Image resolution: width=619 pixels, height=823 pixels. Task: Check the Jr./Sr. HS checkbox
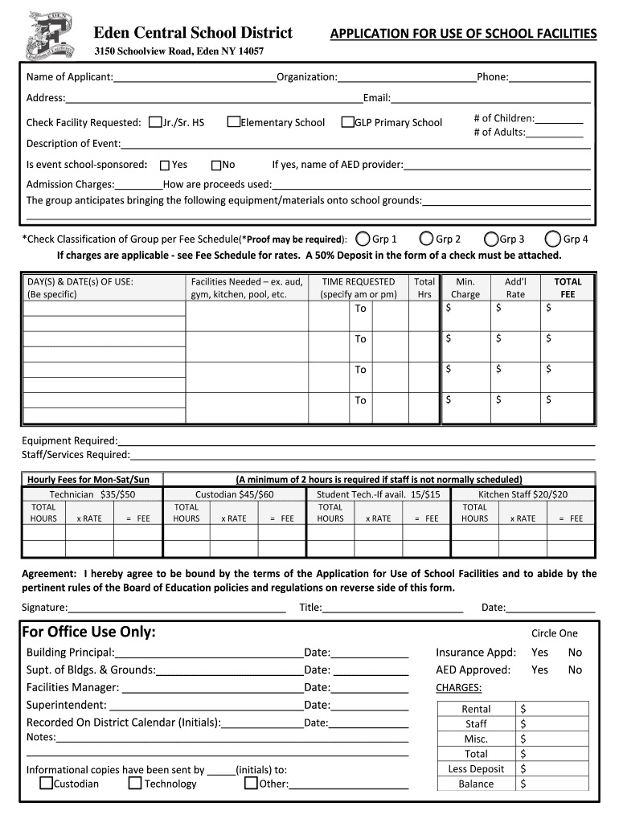(156, 122)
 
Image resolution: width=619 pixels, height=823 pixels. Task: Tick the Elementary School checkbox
(234, 122)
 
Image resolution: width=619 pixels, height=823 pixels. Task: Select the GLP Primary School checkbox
(348, 122)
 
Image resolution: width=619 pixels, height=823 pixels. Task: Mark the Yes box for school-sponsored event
(165, 165)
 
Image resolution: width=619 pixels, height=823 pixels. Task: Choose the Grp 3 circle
(491, 239)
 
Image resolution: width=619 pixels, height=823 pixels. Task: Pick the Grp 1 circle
(363, 239)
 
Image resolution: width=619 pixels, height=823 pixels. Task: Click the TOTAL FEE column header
(568, 288)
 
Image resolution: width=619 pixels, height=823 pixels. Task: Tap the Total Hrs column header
(424, 288)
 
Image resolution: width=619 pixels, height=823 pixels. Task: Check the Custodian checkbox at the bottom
(47, 783)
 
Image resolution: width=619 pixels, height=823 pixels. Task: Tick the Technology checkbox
(135, 783)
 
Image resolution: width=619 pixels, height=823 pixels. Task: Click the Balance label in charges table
(476, 784)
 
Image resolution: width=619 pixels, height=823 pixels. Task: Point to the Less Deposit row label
(476, 769)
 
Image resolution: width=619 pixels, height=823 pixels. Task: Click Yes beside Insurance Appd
(539, 653)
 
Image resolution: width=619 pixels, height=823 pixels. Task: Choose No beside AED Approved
(575, 669)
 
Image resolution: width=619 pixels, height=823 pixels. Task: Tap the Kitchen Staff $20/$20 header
(523, 495)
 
